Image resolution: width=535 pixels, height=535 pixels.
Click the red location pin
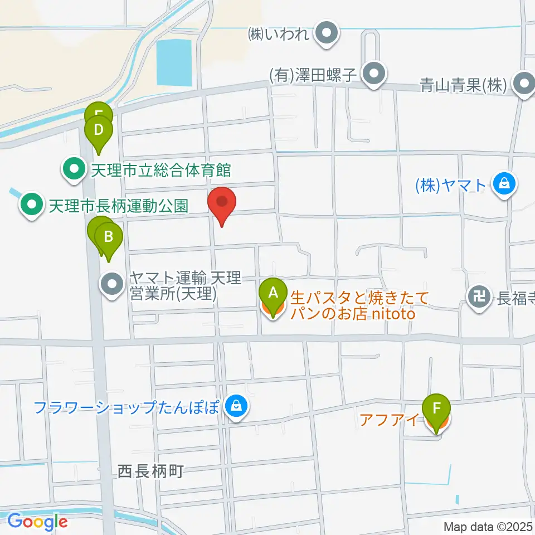[222, 203]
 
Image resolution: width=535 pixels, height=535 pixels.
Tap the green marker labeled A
[273, 293]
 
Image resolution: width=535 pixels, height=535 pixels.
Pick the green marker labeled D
[98, 132]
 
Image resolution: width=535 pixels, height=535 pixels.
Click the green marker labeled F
[436, 410]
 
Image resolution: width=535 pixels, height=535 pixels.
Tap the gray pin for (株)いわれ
[327, 33]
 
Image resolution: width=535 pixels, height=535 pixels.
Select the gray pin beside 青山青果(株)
[524, 85]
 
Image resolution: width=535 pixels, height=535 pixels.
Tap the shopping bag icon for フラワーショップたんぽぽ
[237, 406]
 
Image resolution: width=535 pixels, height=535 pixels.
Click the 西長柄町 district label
[151, 471]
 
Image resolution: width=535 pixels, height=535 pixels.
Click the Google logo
[37, 522]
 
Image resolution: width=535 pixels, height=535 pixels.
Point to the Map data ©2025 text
[488, 526]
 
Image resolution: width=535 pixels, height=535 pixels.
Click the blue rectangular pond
[174, 63]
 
